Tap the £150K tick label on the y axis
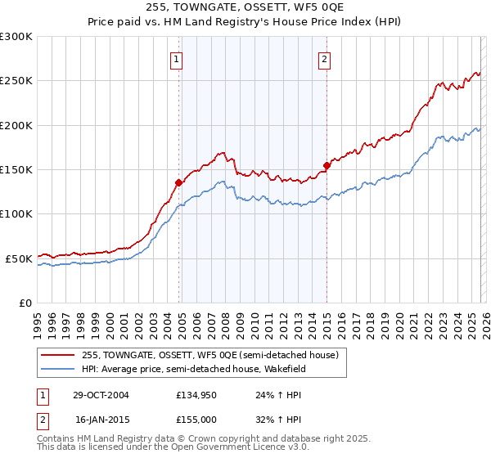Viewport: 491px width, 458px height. coord(16,170)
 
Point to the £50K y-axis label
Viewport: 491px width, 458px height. coord(19,258)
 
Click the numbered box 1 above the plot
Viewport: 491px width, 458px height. coord(177,58)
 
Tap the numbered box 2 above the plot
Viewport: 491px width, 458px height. coord(325,58)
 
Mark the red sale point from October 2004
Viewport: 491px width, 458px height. coord(178,183)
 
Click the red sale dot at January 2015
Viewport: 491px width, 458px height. coord(327,166)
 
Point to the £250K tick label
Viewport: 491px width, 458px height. coord(16,81)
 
